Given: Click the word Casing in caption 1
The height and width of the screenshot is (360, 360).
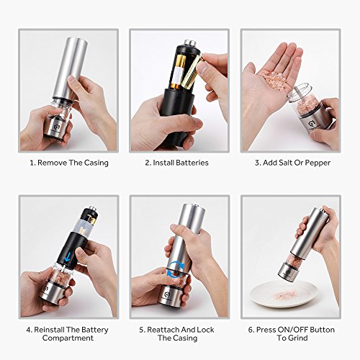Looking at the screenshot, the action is [x=96, y=163].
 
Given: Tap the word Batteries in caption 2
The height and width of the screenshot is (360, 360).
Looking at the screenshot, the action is [x=192, y=163].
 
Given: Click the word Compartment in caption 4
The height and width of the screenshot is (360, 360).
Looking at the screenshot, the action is [x=68, y=338].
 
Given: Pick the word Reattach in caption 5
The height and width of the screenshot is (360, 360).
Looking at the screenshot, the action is [x=163, y=330].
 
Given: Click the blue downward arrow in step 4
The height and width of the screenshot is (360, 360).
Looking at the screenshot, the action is [x=68, y=258].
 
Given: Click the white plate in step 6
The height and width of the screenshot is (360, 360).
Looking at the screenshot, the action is [x=284, y=295].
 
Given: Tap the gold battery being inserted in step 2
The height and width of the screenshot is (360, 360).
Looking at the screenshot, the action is [x=191, y=71].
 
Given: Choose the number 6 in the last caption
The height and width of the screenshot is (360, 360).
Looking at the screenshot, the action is [x=251, y=330].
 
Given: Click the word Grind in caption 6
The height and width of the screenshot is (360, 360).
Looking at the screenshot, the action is [x=299, y=338].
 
